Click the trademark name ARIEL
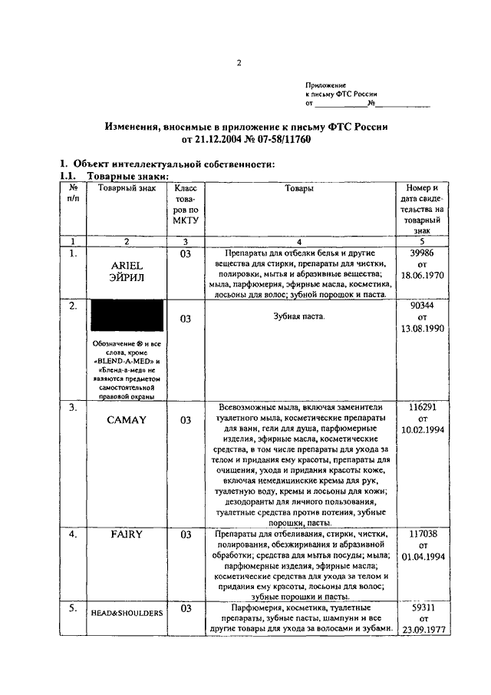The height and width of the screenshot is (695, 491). (127, 266)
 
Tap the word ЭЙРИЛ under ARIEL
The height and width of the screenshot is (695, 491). (127, 278)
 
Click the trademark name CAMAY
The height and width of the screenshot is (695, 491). (127, 420)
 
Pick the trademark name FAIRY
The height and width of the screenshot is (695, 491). (127, 534)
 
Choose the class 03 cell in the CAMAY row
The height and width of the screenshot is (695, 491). (186, 420)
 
